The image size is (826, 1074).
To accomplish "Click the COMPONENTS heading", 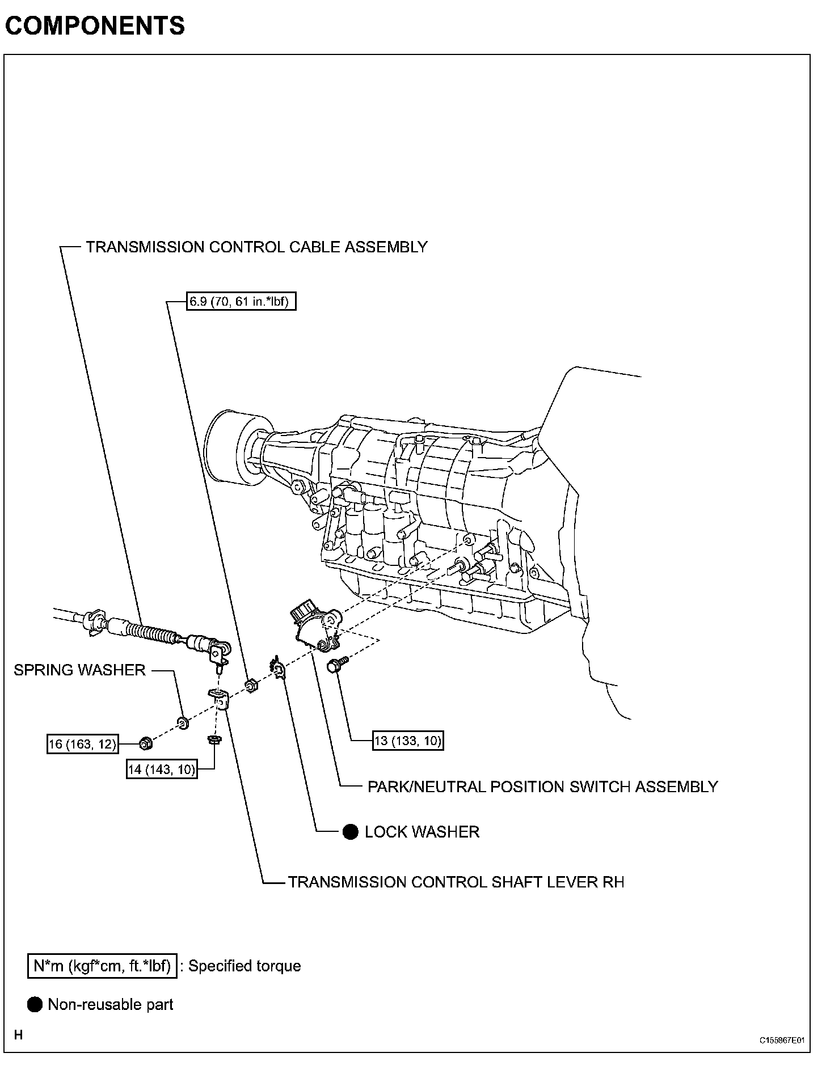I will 95,26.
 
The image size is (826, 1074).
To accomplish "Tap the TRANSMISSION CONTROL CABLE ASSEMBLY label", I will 256,247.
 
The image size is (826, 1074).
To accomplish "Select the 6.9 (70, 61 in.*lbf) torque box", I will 241,301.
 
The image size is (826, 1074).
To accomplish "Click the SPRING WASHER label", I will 79,670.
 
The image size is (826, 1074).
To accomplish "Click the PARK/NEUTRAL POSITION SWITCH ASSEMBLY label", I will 542,787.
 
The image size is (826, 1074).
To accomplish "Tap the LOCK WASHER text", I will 422,832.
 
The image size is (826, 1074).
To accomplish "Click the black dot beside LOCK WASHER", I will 351,832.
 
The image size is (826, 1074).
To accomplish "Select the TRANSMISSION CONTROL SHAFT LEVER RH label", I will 456,882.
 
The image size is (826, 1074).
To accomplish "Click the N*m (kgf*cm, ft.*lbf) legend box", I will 102,966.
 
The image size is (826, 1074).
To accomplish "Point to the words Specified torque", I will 245,966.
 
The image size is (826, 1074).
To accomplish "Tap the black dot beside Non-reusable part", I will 35,1004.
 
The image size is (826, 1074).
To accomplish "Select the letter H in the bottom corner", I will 19,1035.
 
